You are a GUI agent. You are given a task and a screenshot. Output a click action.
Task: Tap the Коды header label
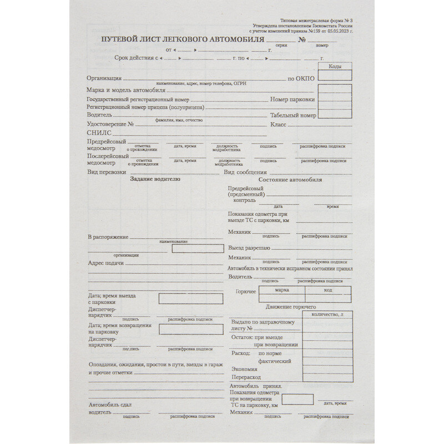(x=335, y=67)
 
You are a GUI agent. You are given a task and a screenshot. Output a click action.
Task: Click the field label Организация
(x=104, y=78)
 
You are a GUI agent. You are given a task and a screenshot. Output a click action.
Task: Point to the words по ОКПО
(x=301, y=79)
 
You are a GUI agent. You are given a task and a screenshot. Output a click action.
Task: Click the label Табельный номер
(x=293, y=115)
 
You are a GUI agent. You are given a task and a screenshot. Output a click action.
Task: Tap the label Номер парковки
(x=292, y=99)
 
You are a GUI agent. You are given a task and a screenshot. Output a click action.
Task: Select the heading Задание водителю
(x=155, y=179)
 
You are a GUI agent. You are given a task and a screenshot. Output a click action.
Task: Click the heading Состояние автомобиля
(x=290, y=179)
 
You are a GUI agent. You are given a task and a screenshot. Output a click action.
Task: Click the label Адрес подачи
(x=105, y=263)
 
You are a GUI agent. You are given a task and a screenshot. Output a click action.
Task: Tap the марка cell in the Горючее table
(x=282, y=290)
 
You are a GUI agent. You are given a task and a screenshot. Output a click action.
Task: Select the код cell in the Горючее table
(x=328, y=290)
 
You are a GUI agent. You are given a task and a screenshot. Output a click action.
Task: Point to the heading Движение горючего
(x=291, y=307)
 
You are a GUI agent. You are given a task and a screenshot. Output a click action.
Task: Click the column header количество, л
(x=332, y=315)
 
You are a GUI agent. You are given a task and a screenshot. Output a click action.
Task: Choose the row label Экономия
(x=244, y=370)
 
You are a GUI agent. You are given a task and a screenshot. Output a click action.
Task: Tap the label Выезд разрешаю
(x=249, y=248)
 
